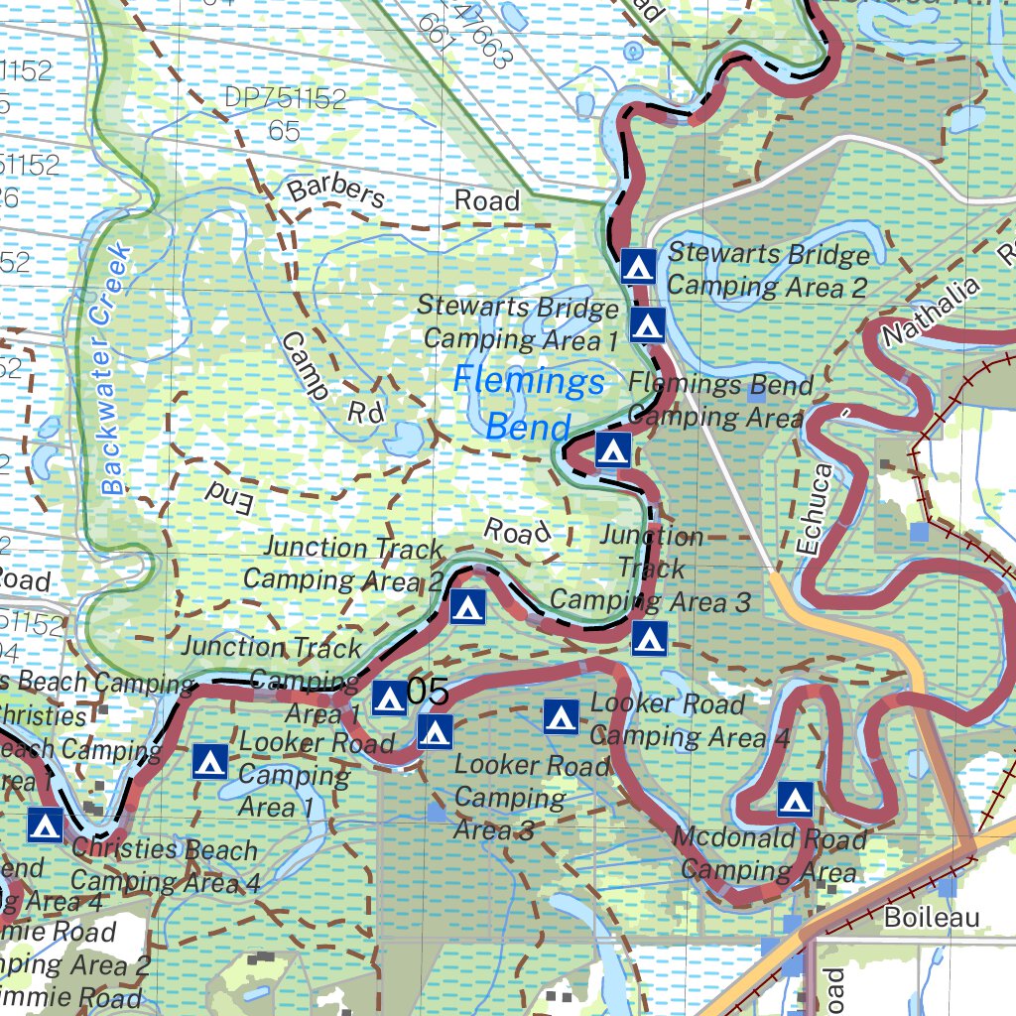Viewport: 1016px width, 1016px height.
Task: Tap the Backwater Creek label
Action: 116,368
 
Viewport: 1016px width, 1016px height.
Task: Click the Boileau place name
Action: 931,917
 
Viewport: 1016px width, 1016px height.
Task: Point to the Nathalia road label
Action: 930,312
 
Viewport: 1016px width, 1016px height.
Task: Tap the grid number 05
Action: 428,693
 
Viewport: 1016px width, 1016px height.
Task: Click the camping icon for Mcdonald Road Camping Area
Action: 795,798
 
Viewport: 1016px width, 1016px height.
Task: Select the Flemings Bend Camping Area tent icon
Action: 613,449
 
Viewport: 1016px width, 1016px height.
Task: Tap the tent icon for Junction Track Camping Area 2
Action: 467,606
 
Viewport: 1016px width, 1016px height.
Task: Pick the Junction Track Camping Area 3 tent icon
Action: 649,639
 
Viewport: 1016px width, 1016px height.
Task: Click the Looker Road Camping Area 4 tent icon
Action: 561,715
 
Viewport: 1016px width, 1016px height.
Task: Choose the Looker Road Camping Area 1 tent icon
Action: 209,762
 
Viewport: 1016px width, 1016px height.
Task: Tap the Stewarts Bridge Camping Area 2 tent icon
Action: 637,266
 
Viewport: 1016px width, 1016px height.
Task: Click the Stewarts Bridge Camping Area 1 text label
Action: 519,322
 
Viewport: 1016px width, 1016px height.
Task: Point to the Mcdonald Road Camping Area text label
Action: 769,854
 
